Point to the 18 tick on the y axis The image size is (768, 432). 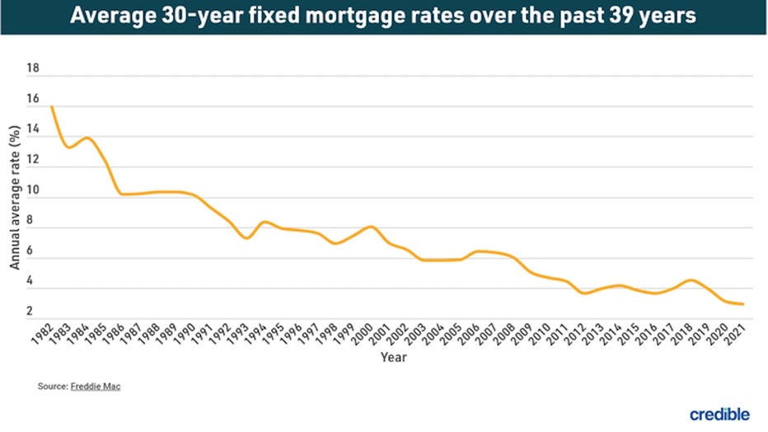click(x=33, y=70)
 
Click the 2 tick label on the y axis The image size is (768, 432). click(x=30, y=312)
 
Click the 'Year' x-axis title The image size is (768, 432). click(x=392, y=358)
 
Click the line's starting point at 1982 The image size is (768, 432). click(x=52, y=106)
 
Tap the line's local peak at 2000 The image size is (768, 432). click(x=371, y=227)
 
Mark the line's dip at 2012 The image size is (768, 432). click(x=584, y=293)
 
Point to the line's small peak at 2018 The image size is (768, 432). click(x=691, y=280)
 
